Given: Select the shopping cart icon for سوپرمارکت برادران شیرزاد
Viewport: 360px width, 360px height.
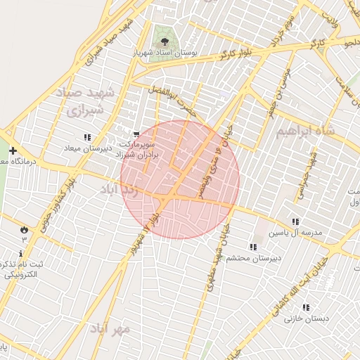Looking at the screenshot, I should pyautogui.click(x=136, y=134).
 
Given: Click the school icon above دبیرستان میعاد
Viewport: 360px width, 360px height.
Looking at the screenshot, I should pyautogui.click(x=86, y=137).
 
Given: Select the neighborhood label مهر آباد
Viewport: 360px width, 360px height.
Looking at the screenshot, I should pyautogui.click(x=111, y=328).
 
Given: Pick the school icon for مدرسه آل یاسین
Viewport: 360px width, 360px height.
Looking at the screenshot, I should pyautogui.click(x=295, y=221).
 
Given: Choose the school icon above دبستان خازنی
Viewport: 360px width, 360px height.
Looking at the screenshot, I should pyautogui.click(x=306, y=307).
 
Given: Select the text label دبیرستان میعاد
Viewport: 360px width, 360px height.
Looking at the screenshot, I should pyautogui.click(x=89, y=148).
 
